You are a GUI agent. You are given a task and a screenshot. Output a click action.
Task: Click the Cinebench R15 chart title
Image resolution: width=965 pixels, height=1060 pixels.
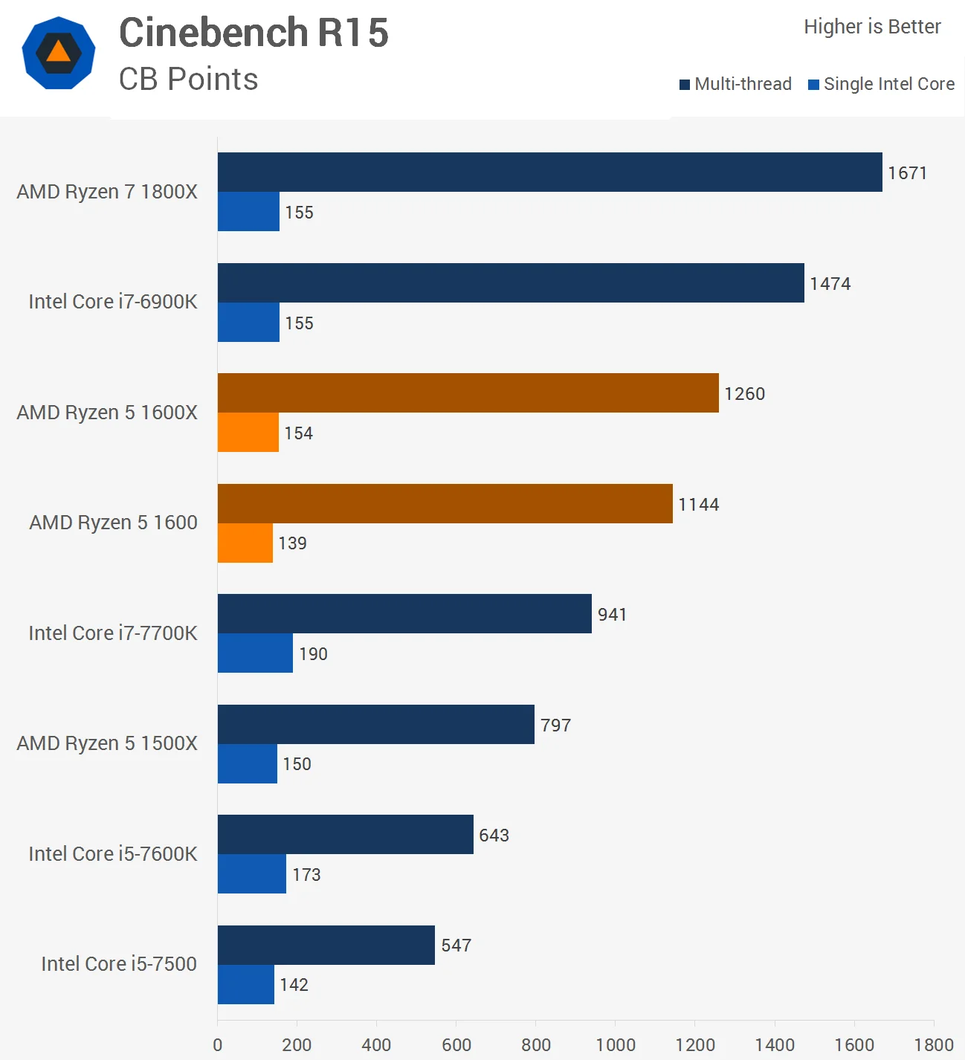tap(254, 33)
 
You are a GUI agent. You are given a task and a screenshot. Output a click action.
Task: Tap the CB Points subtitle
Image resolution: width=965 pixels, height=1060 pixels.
tap(188, 80)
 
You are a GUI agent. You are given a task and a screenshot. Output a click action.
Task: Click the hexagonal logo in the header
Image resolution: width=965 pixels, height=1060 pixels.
tap(59, 53)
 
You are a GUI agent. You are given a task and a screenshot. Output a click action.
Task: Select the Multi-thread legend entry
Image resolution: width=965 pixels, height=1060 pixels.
tap(735, 84)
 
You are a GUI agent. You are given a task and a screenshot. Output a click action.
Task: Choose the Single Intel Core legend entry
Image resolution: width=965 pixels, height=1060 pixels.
tap(881, 84)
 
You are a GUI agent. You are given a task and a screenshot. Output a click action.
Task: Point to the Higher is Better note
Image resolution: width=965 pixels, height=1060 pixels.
tap(872, 27)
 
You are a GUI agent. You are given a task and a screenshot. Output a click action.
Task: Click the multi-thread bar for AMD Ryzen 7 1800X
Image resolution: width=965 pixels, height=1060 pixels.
tap(549, 172)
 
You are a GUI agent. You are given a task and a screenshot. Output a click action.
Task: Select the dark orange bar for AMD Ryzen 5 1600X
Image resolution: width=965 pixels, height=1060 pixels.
tap(468, 393)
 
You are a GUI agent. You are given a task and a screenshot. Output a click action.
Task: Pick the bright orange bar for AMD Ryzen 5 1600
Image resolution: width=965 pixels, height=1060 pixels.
tap(245, 543)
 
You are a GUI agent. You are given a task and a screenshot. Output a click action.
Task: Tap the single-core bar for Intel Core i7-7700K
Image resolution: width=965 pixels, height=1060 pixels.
tap(255, 653)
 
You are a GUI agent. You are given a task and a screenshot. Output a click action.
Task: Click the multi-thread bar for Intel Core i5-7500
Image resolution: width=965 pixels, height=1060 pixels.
tap(326, 945)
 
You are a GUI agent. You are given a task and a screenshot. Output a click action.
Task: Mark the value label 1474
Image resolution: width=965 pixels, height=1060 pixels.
tap(830, 284)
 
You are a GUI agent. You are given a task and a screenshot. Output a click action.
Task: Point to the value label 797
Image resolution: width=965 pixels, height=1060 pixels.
tap(555, 725)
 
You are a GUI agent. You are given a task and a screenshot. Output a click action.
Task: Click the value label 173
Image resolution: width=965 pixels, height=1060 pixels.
tap(306, 875)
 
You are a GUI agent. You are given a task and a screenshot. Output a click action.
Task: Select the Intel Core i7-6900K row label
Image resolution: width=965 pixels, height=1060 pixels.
tap(113, 302)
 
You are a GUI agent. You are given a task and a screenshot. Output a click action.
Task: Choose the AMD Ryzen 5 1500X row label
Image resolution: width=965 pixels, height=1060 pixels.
tap(107, 743)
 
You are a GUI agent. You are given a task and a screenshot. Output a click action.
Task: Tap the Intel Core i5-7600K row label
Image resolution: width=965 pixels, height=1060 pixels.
tap(113, 854)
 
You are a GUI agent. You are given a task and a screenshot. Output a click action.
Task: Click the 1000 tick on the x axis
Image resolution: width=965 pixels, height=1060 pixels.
tap(616, 1045)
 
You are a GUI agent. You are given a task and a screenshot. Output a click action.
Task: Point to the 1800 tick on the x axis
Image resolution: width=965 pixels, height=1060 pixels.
tap(934, 1045)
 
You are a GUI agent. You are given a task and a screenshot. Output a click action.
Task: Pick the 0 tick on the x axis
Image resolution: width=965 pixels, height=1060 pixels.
tap(218, 1045)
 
